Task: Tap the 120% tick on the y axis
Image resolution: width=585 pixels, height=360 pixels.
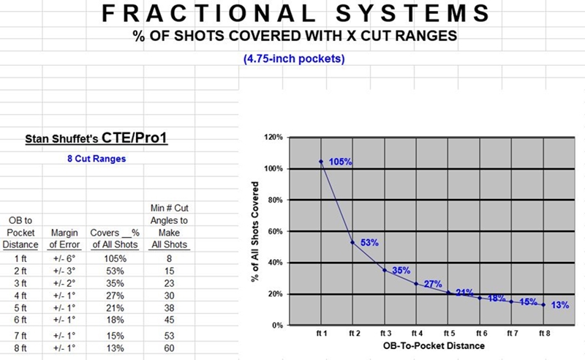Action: point(273,137)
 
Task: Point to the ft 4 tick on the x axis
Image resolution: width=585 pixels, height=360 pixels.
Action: point(416,332)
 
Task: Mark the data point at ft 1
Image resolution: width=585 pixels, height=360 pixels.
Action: point(320,161)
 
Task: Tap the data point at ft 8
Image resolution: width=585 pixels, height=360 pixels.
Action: point(544,305)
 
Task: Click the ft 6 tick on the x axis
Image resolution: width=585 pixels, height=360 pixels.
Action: point(480,332)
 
